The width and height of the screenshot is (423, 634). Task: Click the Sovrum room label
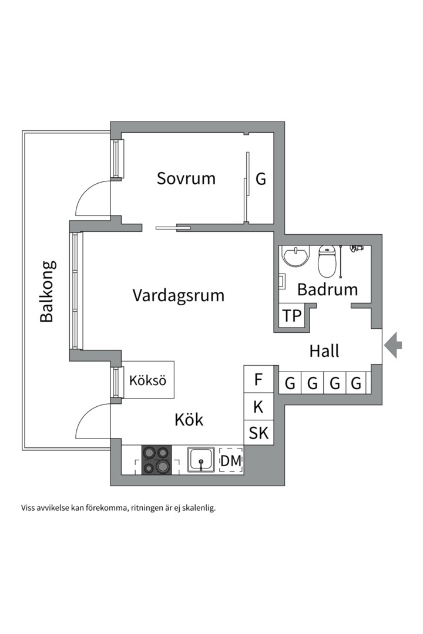click(186, 178)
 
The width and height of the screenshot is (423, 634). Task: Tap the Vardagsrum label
click(178, 295)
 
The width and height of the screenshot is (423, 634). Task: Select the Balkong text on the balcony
click(47, 291)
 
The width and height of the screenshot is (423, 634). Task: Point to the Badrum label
click(327, 289)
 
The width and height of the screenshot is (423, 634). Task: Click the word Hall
click(324, 351)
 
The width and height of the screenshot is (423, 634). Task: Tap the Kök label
click(189, 420)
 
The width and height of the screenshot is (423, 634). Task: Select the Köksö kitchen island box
click(147, 380)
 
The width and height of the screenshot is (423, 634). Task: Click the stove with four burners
click(157, 460)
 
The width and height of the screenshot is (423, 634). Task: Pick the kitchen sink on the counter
click(201, 460)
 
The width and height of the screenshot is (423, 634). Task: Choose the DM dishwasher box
click(230, 461)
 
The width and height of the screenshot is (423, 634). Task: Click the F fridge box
click(258, 380)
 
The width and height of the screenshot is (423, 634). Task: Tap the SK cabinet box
click(258, 433)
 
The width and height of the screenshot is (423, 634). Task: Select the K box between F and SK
click(258, 406)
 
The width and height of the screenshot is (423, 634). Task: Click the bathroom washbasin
click(296, 257)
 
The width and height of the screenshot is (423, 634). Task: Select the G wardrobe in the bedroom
click(261, 178)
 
